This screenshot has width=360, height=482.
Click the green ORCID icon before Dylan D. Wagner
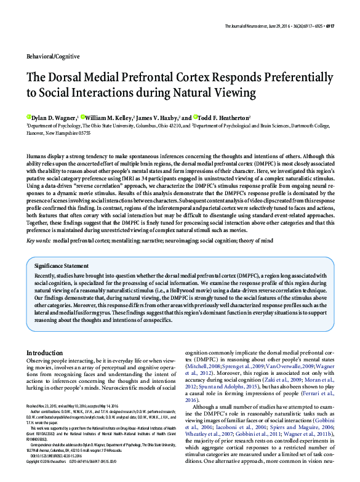coord(28,117)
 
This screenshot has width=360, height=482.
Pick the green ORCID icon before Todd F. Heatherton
coord(196,117)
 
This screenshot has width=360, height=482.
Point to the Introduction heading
coord(44,353)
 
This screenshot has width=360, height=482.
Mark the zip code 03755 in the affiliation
coord(81,132)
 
